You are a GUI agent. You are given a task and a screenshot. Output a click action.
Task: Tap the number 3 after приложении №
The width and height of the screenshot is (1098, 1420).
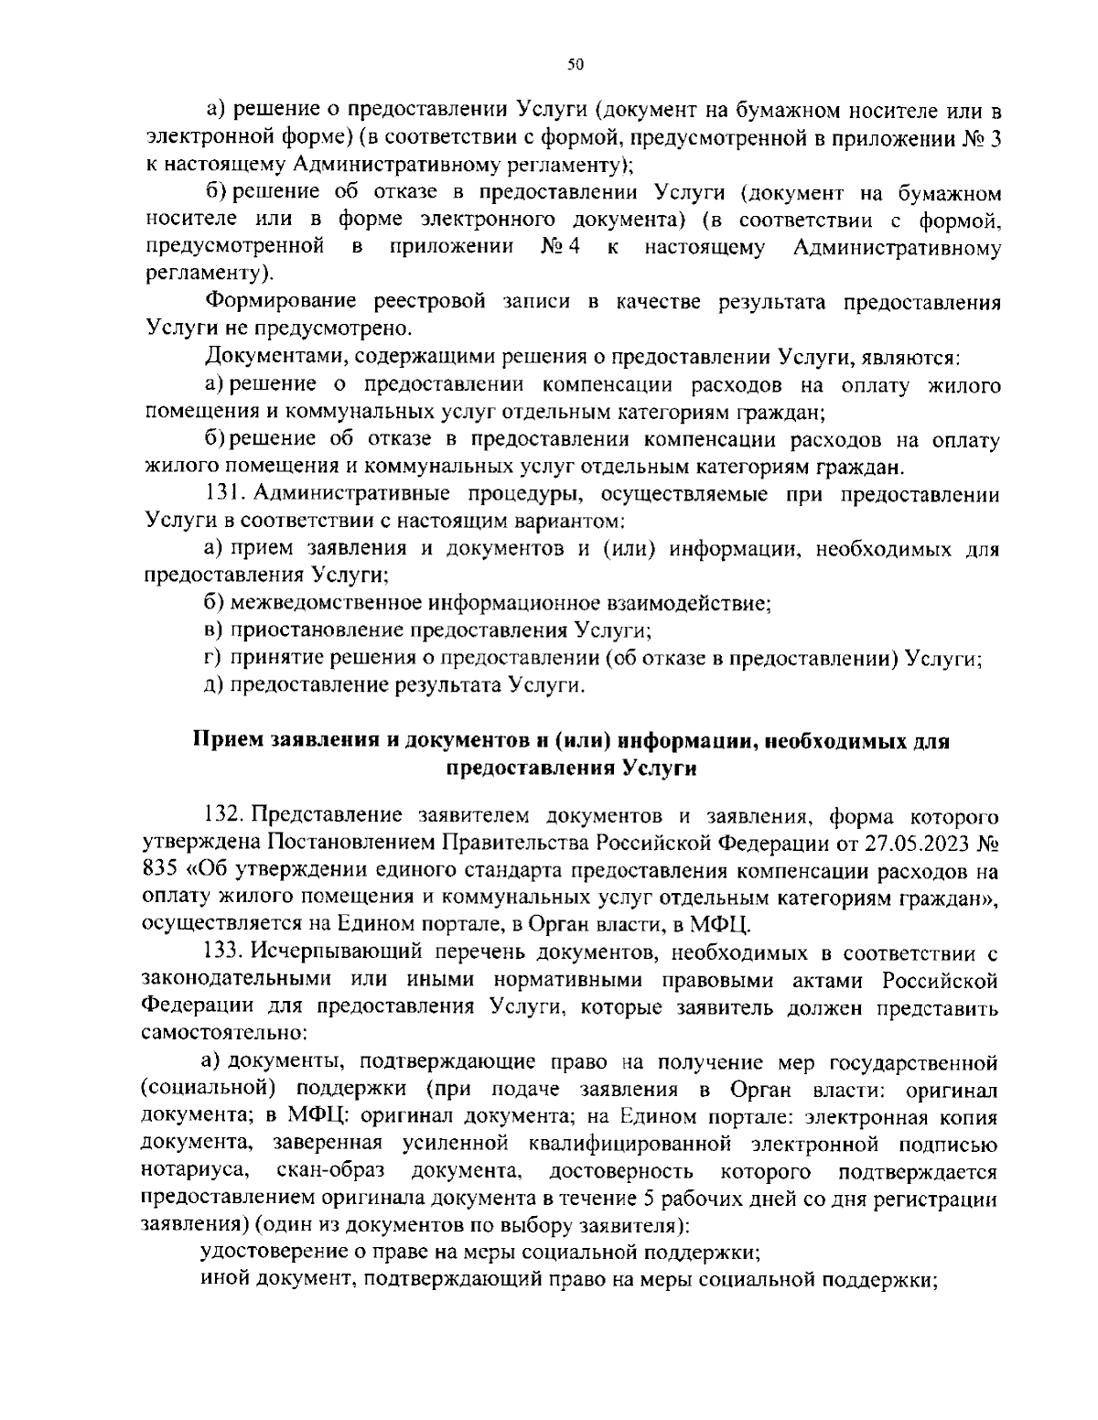[x=993, y=137]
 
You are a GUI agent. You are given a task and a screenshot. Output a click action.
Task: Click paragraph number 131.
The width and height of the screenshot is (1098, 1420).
[x=224, y=494]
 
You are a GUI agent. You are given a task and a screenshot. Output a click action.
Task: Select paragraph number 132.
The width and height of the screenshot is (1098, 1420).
[x=223, y=814]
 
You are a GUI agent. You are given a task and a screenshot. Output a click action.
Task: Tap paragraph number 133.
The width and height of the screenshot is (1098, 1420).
[x=223, y=952]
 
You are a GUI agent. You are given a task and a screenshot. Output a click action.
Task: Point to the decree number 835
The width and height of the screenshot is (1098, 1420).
[x=161, y=868]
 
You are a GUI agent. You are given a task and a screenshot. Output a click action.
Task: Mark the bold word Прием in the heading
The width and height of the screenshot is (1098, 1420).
[x=225, y=741]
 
